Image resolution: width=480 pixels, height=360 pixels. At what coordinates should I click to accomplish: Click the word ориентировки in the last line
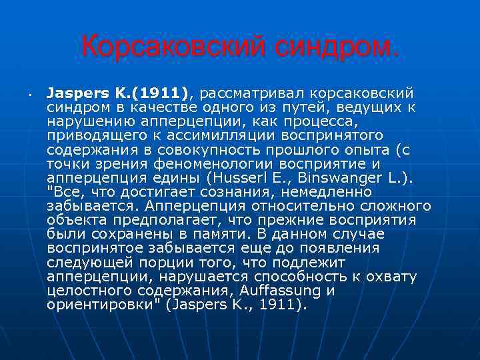click(88, 306)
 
